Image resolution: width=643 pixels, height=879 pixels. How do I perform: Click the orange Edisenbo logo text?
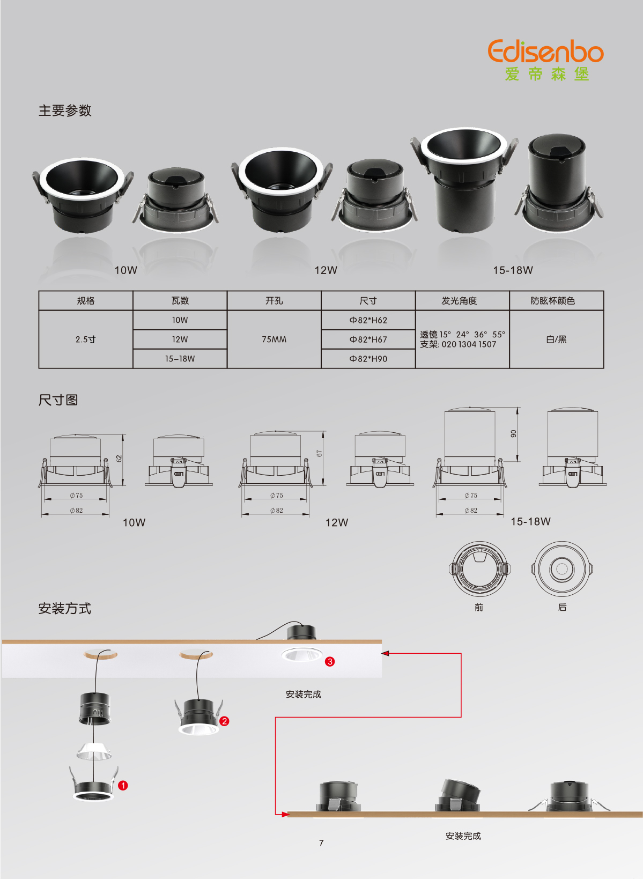[x=545, y=51]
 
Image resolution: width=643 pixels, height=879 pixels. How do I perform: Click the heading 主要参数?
[x=65, y=110]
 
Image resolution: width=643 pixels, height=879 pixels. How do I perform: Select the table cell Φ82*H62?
[x=368, y=320]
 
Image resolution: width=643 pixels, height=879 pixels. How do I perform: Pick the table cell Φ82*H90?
[x=368, y=359]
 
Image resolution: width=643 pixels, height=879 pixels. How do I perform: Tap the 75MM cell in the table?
[x=274, y=339]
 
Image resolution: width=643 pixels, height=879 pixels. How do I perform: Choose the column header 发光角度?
[x=459, y=300]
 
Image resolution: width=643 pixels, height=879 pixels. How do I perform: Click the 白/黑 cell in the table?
[x=556, y=339]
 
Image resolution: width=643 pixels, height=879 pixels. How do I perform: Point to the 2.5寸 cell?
[x=85, y=339]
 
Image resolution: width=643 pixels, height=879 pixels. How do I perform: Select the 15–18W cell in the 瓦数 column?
[x=180, y=359]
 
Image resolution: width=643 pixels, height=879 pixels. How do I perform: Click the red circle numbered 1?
[x=123, y=786]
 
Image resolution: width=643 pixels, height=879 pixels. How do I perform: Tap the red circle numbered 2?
[x=224, y=721]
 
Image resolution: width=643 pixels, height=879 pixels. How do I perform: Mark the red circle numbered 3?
[x=330, y=662]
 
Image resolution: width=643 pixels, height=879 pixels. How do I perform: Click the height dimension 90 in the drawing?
[x=514, y=434]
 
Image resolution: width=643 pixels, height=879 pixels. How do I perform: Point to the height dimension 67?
[x=319, y=453]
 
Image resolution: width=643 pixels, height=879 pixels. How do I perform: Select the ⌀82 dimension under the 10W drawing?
[x=76, y=510]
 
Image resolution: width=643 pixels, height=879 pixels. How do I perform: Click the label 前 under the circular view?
[x=478, y=608]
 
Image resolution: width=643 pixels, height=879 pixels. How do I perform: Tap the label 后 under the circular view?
[x=562, y=607]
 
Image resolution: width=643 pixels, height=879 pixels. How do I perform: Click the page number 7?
[x=321, y=843]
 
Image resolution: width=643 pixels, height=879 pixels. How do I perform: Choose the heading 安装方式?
[x=65, y=609]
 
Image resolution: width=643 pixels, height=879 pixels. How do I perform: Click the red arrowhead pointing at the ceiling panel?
[x=385, y=653]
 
